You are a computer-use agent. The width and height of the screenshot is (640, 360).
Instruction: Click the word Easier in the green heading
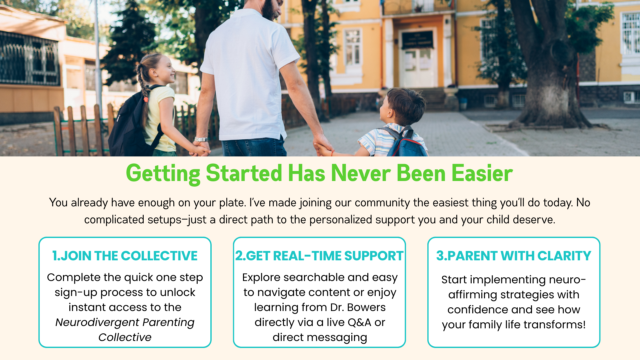pos(482,173)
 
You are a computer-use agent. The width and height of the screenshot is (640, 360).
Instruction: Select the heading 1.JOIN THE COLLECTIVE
pos(125,256)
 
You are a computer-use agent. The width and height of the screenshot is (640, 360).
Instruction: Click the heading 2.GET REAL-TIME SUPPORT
pos(319,256)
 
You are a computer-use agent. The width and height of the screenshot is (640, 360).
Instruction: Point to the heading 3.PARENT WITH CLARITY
pos(514,256)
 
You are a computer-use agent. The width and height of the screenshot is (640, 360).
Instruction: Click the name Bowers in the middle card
pos(366,307)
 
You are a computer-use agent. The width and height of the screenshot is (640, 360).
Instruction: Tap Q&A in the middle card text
pos(359,322)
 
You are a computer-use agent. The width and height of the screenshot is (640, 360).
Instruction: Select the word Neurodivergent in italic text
pos(97,322)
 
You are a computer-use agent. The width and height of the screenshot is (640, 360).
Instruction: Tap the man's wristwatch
pos(202,140)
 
